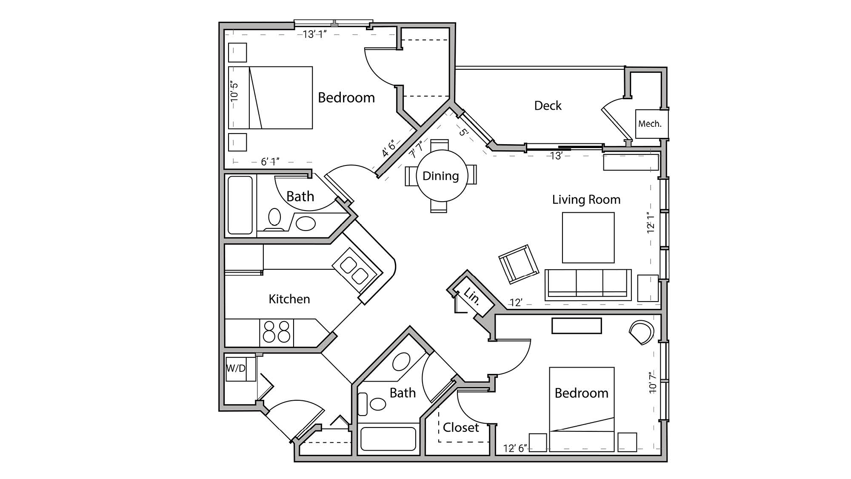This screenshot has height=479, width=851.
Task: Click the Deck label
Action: pyautogui.click(x=548, y=105)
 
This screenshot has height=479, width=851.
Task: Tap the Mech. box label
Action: pyautogui.click(x=650, y=124)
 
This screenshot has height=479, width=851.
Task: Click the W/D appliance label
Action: pyautogui.click(x=236, y=368)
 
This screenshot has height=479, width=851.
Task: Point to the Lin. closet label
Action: pyautogui.click(x=472, y=296)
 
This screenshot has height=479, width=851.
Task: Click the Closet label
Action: pyautogui.click(x=461, y=428)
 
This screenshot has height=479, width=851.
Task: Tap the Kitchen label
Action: pyautogui.click(x=289, y=299)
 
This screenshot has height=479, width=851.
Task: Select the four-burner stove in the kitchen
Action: pyautogui.click(x=277, y=332)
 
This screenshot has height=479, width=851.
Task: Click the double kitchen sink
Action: pyautogui.click(x=354, y=271)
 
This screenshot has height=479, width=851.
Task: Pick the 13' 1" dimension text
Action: pyautogui.click(x=314, y=34)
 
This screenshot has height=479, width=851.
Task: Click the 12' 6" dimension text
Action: pyautogui.click(x=515, y=448)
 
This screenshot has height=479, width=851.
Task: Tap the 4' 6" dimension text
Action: pyautogui.click(x=388, y=148)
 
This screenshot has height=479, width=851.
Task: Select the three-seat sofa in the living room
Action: pyautogui.click(x=588, y=284)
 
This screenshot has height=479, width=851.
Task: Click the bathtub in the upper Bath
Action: pyautogui.click(x=240, y=205)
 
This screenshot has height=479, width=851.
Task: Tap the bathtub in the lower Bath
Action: pyautogui.click(x=388, y=439)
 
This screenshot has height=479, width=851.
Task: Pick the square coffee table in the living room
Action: pyautogui.click(x=588, y=237)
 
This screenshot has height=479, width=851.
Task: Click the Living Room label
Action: pyautogui.click(x=586, y=200)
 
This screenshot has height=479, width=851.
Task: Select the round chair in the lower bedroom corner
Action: pyautogui.click(x=641, y=332)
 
